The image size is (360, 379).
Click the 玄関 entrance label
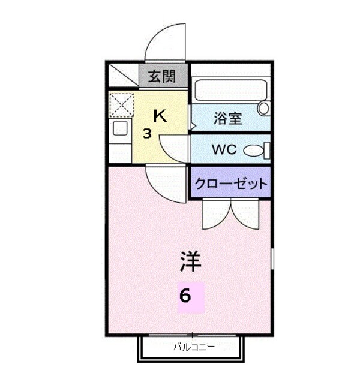click(x=162, y=76)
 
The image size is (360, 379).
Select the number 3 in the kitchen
click(x=146, y=133)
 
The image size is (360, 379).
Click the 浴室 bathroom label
click(x=227, y=118)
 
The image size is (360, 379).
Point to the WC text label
click(x=224, y=149)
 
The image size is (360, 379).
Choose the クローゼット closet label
click(x=230, y=184)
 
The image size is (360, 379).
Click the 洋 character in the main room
click(x=190, y=261)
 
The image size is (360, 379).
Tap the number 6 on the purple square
click(x=187, y=296)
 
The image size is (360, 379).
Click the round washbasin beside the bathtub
click(x=263, y=109)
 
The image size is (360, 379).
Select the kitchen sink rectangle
click(x=120, y=128)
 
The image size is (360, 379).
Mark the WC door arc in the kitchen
click(x=173, y=146)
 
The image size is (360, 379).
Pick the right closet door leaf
click(x=244, y=215)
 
